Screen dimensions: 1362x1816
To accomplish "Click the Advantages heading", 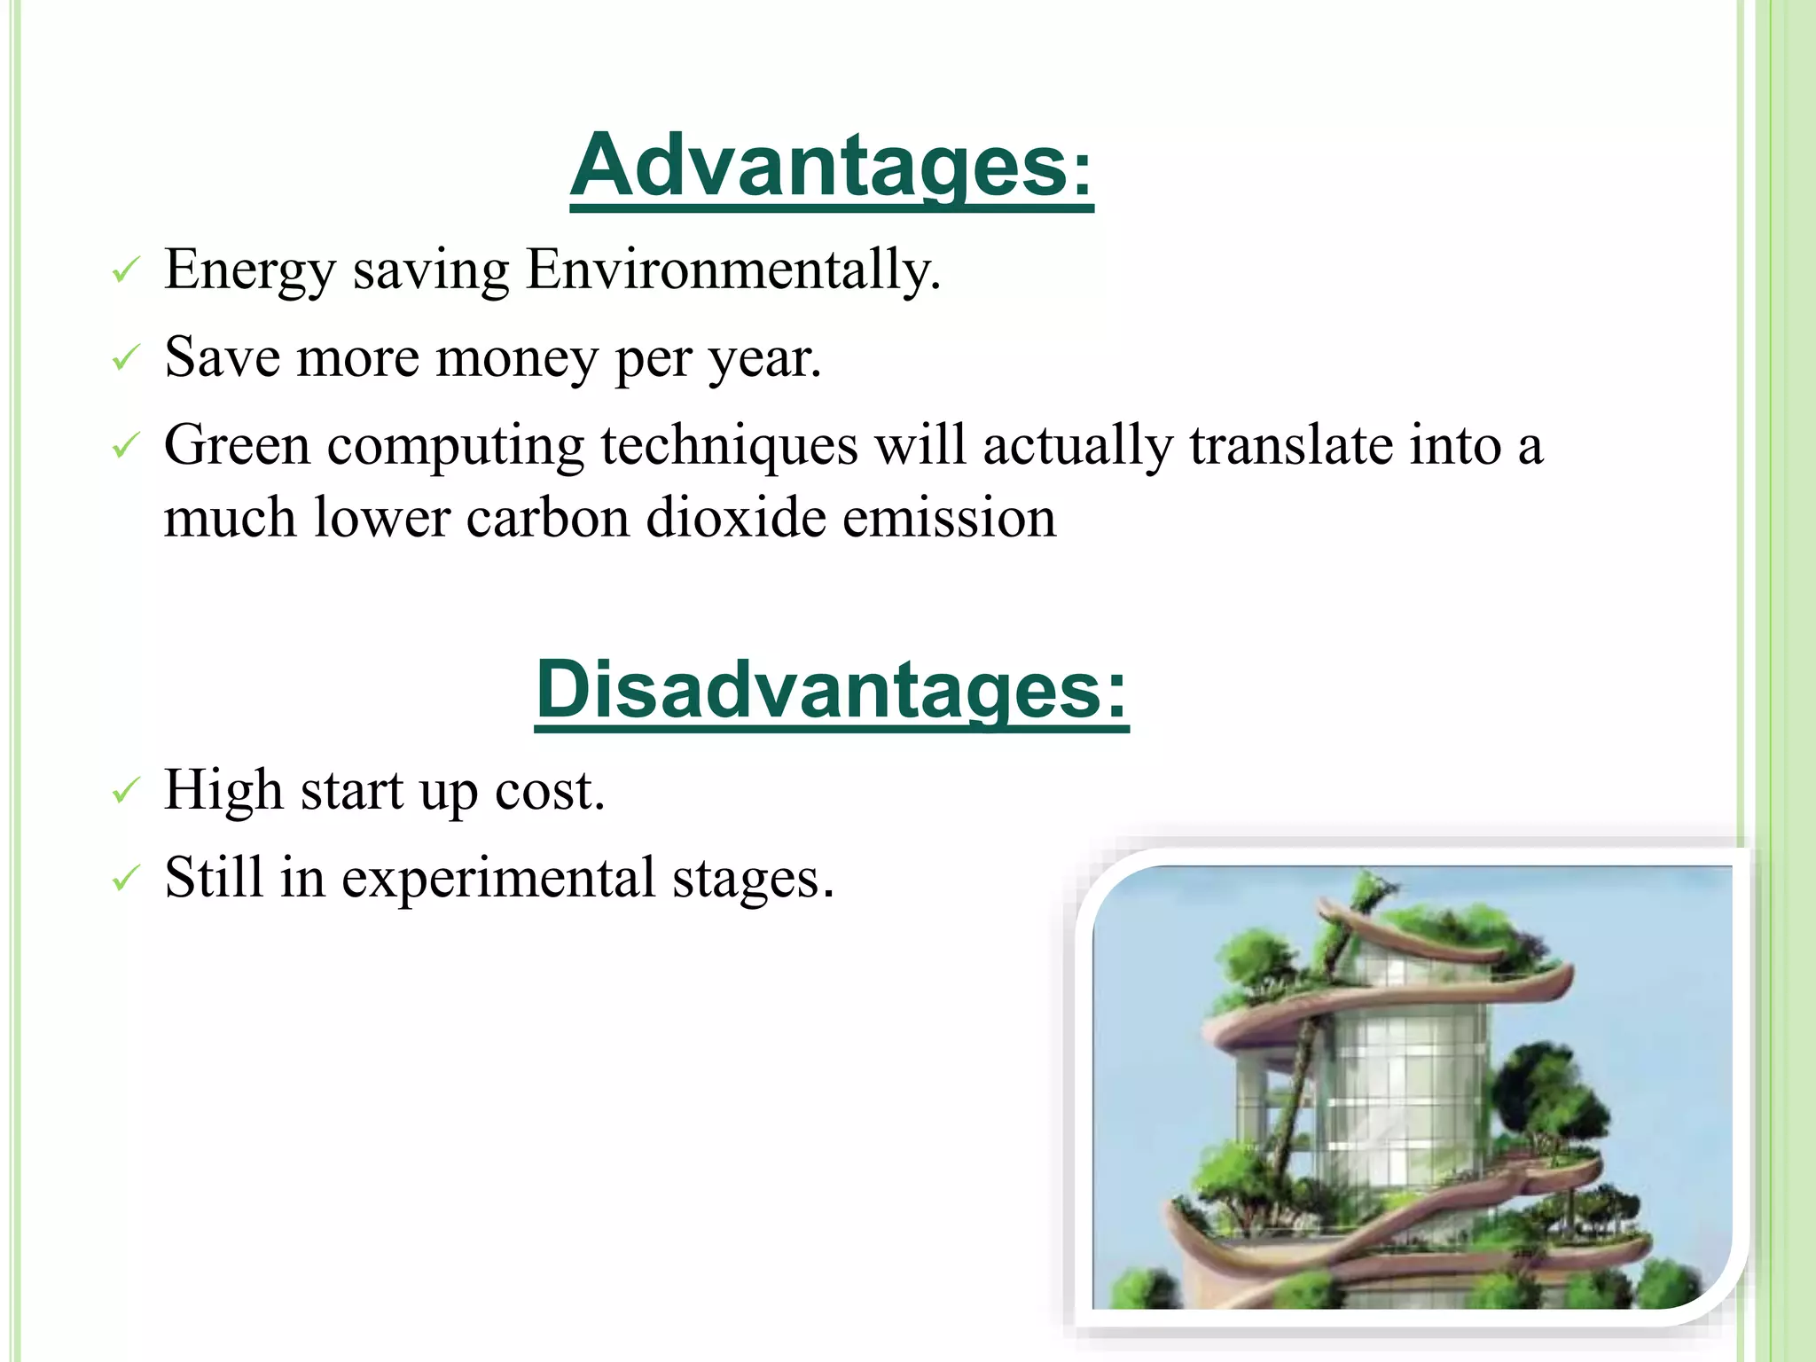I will pyautogui.click(x=831, y=166).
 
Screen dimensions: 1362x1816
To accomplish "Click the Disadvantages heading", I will pyautogui.click(x=831, y=690).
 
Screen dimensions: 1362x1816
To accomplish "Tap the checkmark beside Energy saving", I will pyautogui.click(x=126, y=270).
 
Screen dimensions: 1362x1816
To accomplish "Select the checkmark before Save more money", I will pyautogui.click(x=126, y=358).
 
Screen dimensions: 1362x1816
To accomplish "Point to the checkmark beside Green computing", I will pyautogui.click(x=126, y=445).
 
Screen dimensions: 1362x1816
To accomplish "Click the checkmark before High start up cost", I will pyautogui.click(x=126, y=790).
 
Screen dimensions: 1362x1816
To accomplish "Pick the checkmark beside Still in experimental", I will pyautogui.click(x=126, y=878).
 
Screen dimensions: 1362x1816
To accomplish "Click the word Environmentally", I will pyautogui.click(x=732, y=270).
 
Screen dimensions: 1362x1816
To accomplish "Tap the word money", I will pyautogui.click(x=517, y=358).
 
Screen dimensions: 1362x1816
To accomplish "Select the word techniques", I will pyautogui.click(x=729, y=445).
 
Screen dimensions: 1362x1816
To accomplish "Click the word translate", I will pyautogui.click(x=1291, y=445).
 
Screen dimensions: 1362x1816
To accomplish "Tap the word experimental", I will pyautogui.click(x=498, y=878).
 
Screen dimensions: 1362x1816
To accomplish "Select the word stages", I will pyautogui.click(x=752, y=878).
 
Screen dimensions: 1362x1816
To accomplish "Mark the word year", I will pyautogui.click(x=764, y=358).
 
